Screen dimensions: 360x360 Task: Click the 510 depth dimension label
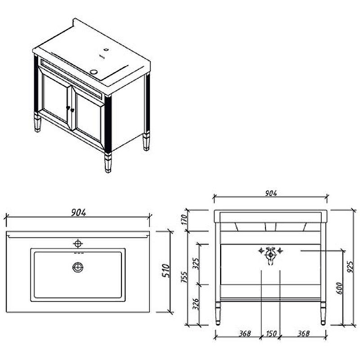point(166,270)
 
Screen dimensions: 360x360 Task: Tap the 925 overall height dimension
point(350,267)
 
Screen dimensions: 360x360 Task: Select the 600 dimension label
point(339,288)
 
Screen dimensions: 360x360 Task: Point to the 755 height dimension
point(184,277)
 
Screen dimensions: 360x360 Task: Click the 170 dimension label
point(184,220)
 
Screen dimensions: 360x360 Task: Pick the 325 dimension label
point(196,263)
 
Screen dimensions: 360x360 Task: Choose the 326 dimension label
point(196,304)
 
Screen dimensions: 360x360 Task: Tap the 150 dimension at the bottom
point(271,333)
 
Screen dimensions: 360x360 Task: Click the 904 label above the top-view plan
point(78,212)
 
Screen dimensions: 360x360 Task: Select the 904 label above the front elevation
point(271,193)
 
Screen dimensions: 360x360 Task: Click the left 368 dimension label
point(245,333)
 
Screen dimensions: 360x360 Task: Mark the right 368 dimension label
point(303,333)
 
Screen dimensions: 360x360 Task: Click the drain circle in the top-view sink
point(78,267)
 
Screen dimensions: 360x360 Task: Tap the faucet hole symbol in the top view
point(78,243)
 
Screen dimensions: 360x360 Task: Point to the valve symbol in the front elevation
point(270,255)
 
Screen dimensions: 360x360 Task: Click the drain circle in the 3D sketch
point(94,72)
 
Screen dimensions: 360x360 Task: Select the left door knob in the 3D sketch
point(68,108)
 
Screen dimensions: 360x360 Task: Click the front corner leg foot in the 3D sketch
point(108,163)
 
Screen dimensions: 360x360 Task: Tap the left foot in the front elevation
point(218,313)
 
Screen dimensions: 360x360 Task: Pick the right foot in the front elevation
point(323,313)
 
